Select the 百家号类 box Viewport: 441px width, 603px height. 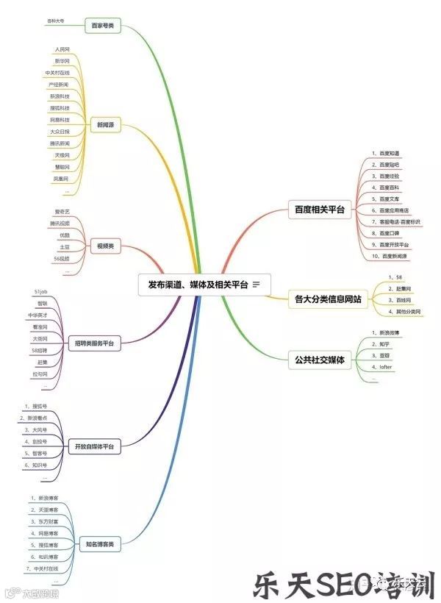click(x=103, y=26)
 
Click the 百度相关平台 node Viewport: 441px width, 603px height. click(x=320, y=210)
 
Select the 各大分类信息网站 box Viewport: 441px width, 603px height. click(x=328, y=299)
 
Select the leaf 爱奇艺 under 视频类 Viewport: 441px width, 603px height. click(x=62, y=211)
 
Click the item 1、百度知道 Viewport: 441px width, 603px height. click(x=385, y=152)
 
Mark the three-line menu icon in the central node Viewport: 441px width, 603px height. click(x=256, y=285)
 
